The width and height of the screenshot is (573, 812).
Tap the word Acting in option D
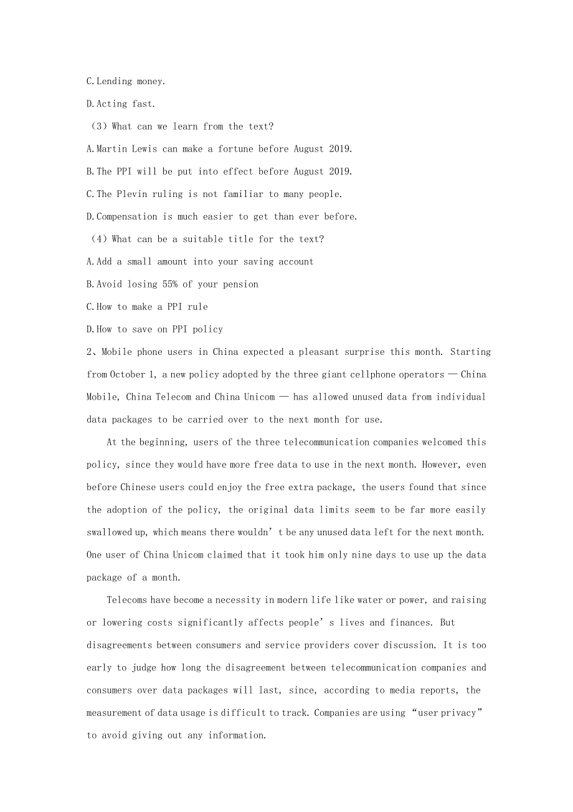coord(111,104)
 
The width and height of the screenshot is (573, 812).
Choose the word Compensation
coord(126,216)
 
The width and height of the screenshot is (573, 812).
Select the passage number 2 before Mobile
coord(89,352)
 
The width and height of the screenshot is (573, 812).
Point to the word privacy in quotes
coord(458,713)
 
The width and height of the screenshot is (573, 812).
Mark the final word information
coord(237,735)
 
